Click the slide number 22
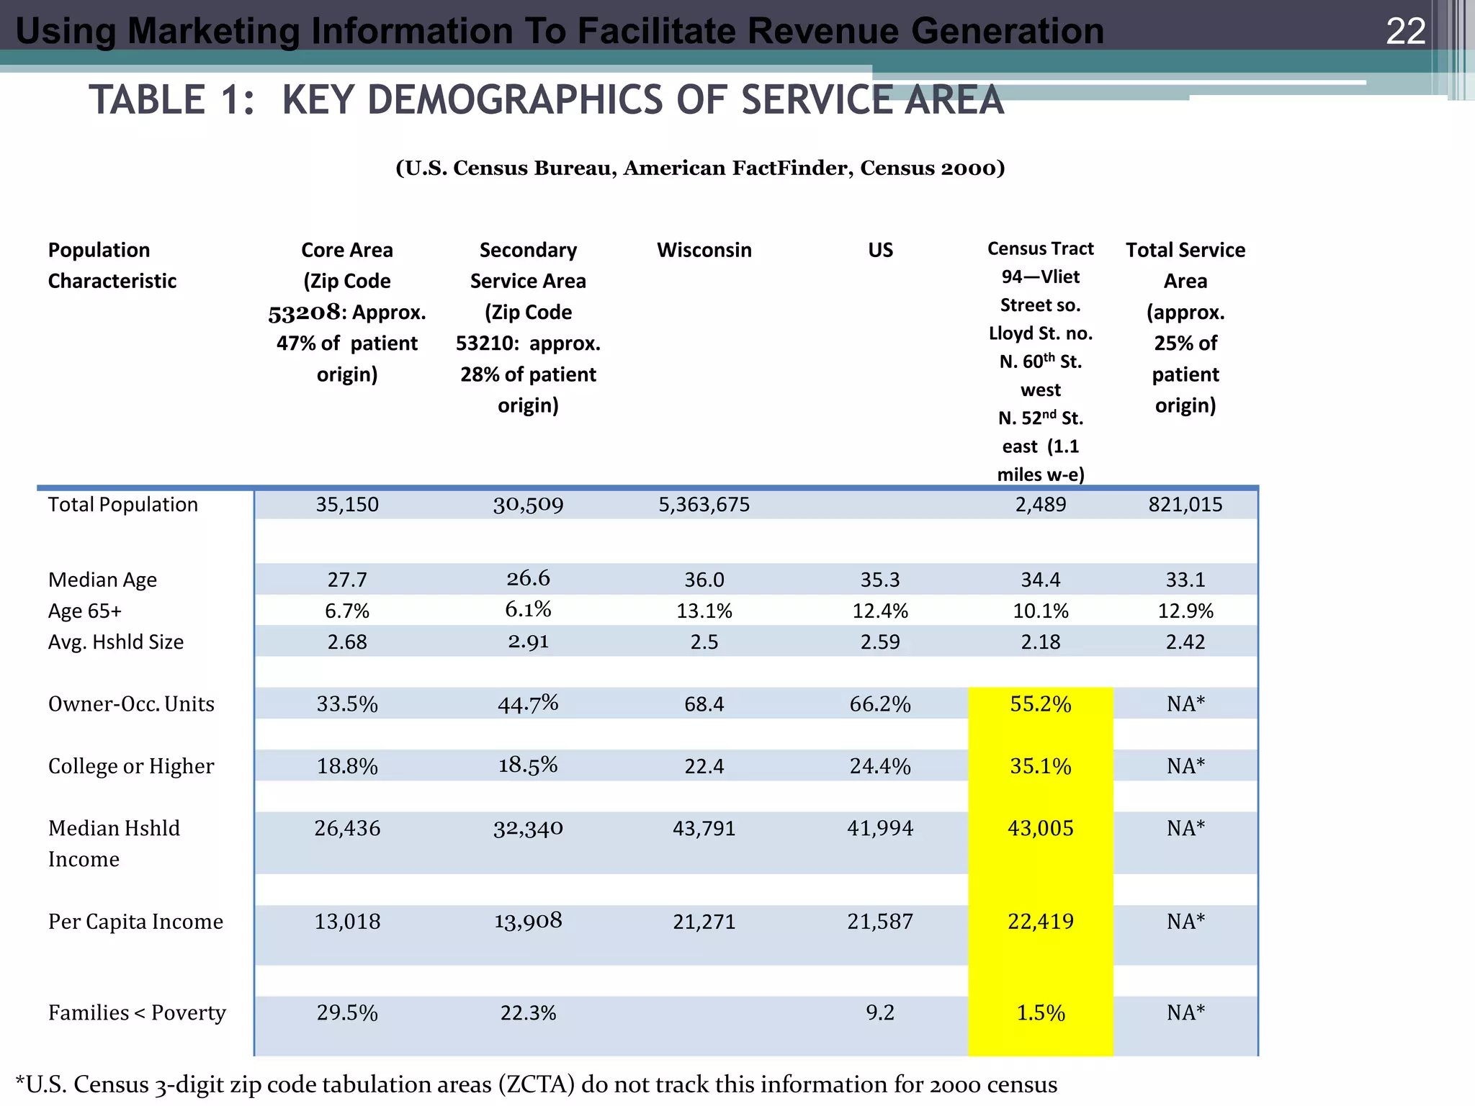[1405, 32]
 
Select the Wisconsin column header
[704, 250]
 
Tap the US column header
[880, 250]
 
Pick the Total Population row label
[122, 504]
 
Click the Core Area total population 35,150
[346, 504]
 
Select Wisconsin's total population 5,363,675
[704, 504]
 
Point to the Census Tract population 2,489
[1040, 504]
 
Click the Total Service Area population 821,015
[1185, 504]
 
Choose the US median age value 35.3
[880, 580]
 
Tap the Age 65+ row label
[85, 611]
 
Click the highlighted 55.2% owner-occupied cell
[1040, 703]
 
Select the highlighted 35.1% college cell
[1040, 765]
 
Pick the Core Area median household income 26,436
[346, 828]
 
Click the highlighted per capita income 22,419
[1040, 921]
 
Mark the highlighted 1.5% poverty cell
[1040, 1012]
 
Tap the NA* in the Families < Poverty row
[1185, 1012]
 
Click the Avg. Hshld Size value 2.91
[528, 641]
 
